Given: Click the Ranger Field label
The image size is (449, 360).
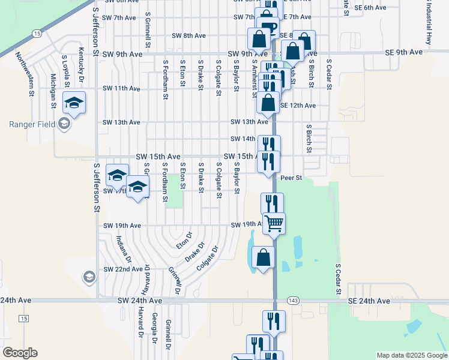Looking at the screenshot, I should click(32, 125).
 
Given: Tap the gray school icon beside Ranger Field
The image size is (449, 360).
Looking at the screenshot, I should click(65, 125).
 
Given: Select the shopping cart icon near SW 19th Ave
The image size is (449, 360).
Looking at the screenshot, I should click(274, 224).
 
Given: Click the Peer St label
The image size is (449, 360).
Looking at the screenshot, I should click(291, 178).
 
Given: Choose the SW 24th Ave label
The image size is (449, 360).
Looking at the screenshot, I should click(139, 300).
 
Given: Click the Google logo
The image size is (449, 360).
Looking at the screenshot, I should click(20, 353).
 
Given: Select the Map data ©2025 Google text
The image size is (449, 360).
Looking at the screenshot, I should click(412, 355).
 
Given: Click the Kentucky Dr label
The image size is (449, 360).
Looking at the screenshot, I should click(80, 60).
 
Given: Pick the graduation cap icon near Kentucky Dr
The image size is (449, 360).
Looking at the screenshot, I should click(74, 103).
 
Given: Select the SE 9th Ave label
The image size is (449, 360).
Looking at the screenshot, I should click(405, 53).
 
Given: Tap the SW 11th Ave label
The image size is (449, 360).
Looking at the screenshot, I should click(121, 88).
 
